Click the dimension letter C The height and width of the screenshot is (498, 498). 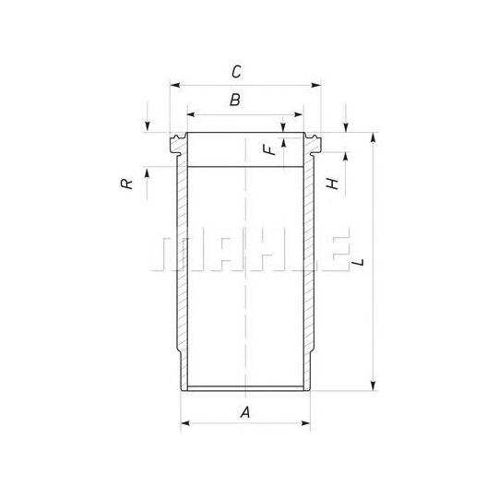[x=236, y=72]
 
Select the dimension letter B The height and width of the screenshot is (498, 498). [x=235, y=100]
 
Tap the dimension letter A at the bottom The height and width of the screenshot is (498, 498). [x=245, y=412]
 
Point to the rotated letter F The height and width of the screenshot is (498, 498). [x=270, y=149]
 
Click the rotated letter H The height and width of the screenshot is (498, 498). [x=333, y=184]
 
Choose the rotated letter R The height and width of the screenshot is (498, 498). [x=126, y=184]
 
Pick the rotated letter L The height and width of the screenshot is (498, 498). [x=359, y=262]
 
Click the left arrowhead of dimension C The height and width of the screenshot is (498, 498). [x=175, y=85]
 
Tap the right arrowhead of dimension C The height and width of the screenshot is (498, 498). [x=316, y=85]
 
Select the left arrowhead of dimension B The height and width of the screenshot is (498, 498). [x=192, y=114]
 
